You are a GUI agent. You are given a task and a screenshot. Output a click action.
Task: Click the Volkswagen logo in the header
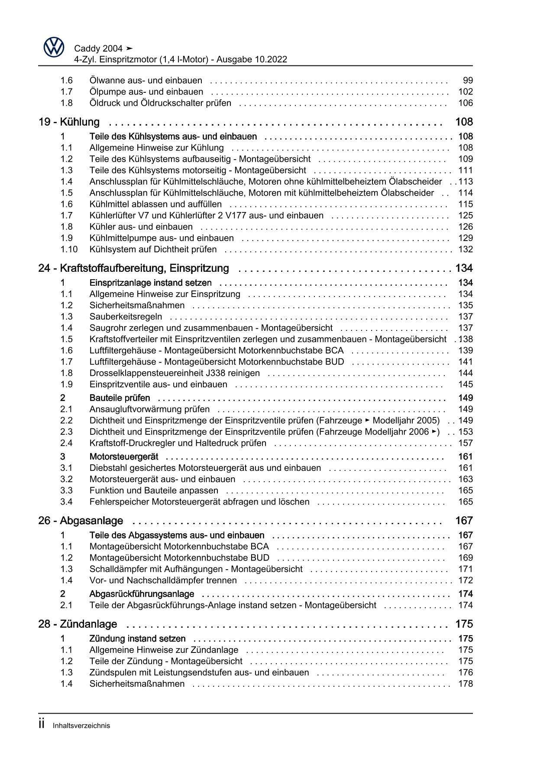tap(54, 47)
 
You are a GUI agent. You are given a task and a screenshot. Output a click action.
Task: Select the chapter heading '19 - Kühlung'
tap(69, 122)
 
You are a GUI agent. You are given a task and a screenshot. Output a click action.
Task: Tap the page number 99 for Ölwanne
tap(468, 81)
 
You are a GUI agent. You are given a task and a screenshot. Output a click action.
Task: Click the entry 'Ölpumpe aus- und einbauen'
tap(146, 92)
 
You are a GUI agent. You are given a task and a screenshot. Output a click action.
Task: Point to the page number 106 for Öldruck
tap(466, 103)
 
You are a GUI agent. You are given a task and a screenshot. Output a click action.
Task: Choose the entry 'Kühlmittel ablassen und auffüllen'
tap(155, 204)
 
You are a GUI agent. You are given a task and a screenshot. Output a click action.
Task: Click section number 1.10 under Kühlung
tap(69, 249)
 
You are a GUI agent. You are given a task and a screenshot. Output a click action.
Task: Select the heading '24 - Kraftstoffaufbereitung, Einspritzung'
tap(133, 268)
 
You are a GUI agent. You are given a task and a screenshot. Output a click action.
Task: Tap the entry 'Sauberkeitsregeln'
tap(126, 317)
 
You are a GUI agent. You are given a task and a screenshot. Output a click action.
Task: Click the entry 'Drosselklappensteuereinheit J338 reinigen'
tap(175, 373)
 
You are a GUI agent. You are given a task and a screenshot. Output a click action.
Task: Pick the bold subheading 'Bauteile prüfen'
tap(120, 398)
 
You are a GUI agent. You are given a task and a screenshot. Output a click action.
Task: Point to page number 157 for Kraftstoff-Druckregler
tap(466, 443)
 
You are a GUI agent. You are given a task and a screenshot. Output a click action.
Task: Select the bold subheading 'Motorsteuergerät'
tap(124, 457)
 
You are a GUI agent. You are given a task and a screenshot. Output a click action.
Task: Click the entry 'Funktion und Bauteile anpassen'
tap(154, 491)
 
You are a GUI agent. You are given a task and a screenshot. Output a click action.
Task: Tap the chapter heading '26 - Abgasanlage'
tap(81, 521)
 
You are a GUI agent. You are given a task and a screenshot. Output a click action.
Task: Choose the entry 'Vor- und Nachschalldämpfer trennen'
tap(163, 581)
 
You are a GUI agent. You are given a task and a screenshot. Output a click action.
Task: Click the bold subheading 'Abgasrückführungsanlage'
tap(142, 594)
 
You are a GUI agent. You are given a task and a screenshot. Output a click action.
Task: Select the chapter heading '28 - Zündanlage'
tap(78, 624)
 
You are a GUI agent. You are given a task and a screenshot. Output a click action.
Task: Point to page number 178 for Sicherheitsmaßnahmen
tap(466, 684)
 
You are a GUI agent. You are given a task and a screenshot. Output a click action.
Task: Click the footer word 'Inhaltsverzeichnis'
tap(81, 726)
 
